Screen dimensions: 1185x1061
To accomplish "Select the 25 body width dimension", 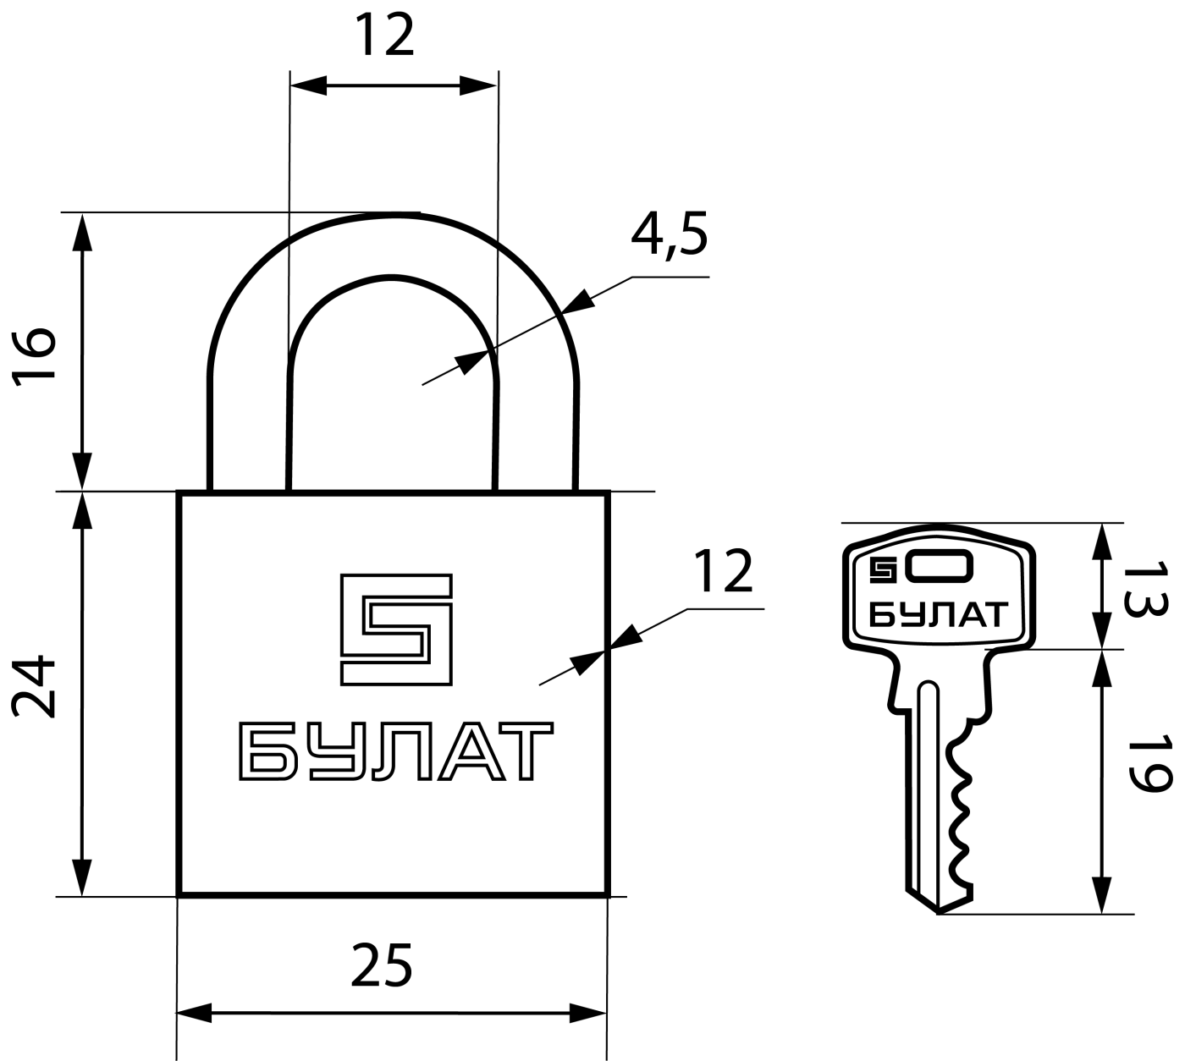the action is click(x=382, y=964).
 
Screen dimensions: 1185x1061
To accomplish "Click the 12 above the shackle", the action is click(x=384, y=35).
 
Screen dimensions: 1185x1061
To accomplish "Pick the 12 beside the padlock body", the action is click(x=723, y=570).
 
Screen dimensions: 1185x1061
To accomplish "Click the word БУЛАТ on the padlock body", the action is click(x=396, y=751).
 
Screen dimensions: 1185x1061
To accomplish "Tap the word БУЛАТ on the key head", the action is click(x=938, y=614).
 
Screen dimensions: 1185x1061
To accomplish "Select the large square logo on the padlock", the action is click(x=397, y=629).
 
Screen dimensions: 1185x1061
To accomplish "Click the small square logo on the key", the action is click(x=883, y=570).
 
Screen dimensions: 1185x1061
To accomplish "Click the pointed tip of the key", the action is click(x=938, y=913).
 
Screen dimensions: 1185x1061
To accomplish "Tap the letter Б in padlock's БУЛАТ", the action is click(x=264, y=751).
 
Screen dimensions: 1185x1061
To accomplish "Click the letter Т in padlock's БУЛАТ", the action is click(x=526, y=751).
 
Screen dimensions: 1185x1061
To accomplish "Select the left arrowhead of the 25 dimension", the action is click(x=194, y=1013).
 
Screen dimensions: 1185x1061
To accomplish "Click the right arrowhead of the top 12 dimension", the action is click(x=478, y=85).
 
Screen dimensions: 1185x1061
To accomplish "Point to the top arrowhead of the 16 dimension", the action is click(x=82, y=232).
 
